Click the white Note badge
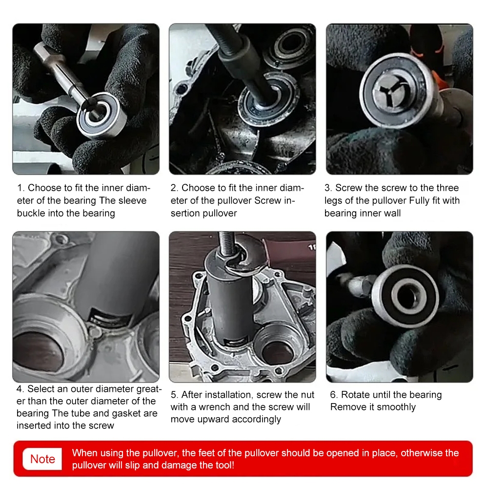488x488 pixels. pos(42,459)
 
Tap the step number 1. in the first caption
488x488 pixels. pos(21,188)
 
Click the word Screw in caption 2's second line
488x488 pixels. pos(267,201)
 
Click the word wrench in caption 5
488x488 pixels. pos(214,407)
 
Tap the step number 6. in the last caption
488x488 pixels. pos(334,395)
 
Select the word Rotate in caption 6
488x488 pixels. pos(355,395)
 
